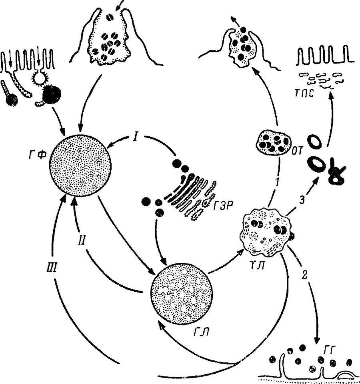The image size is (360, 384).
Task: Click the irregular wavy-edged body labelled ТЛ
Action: (x=265, y=232)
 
